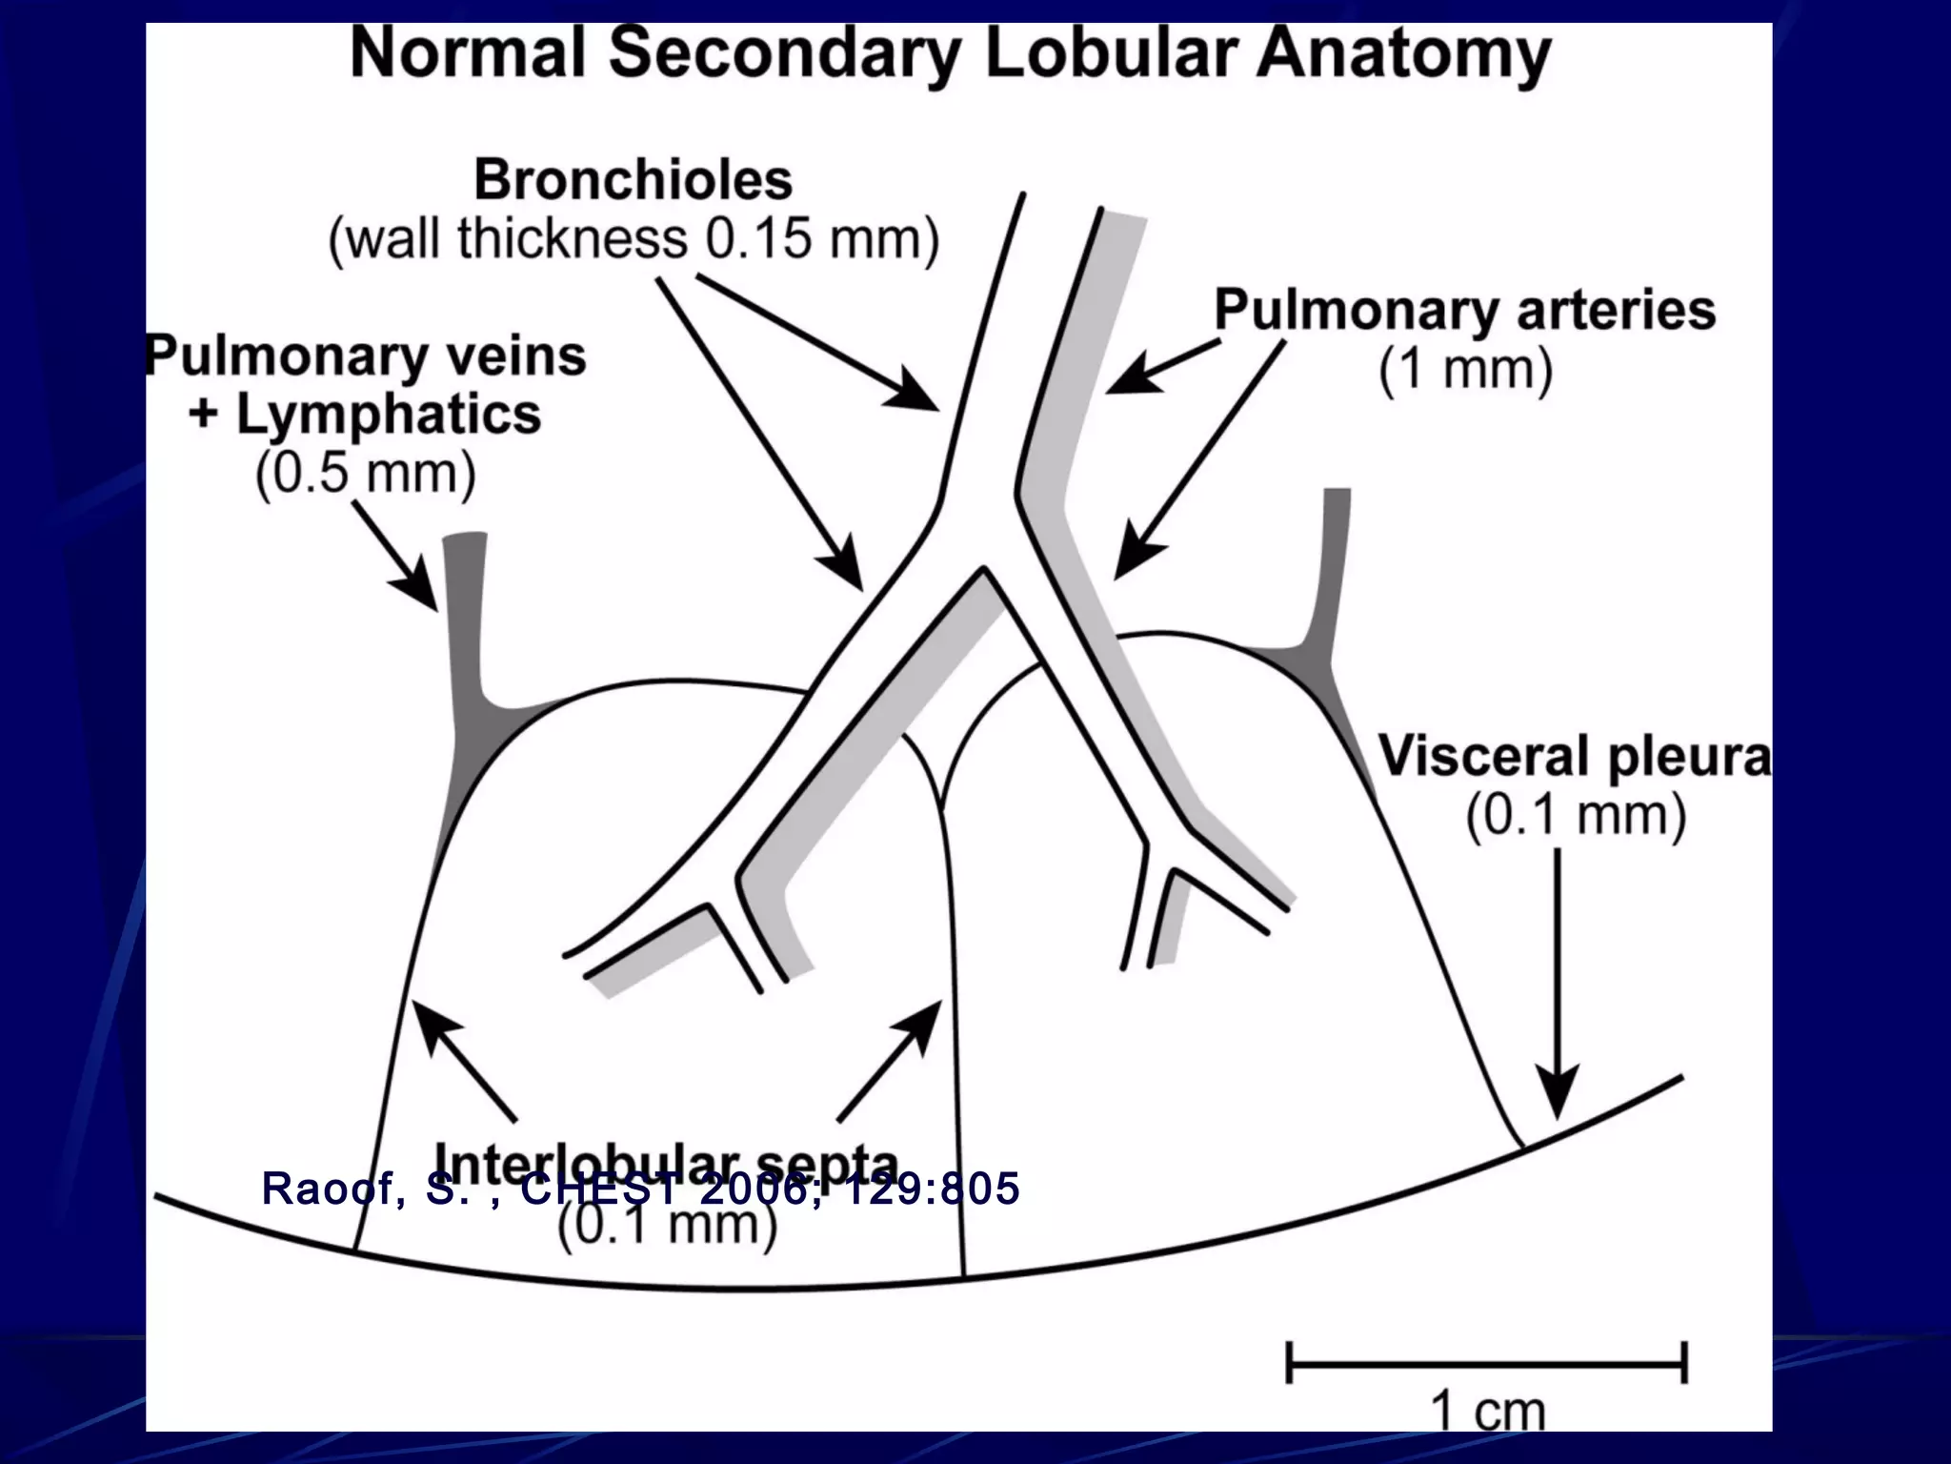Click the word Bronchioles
coord(633,179)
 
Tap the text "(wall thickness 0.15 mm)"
coord(634,238)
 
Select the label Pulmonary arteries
coord(1464,310)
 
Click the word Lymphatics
coord(389,414)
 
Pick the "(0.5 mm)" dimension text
coord(365,472)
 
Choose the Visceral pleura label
coord(1574,757)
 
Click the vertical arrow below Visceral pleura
coord(1558,982)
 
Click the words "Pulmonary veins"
coord(367,357)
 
